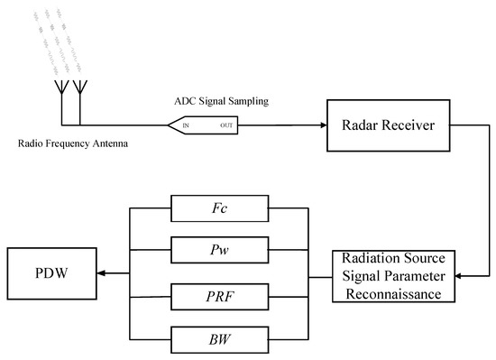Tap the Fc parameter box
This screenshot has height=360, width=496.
pyautogui.click(x=220, y=209)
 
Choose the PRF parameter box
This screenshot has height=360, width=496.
pyautogui.click(x=220, y=295)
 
